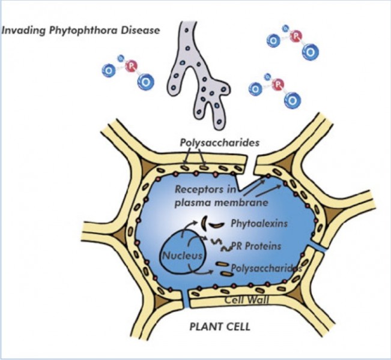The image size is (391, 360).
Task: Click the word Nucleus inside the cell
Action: tap(178, 256)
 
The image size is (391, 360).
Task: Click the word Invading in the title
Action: tap(22, 29)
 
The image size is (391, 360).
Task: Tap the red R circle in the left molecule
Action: tap(132, 65)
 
